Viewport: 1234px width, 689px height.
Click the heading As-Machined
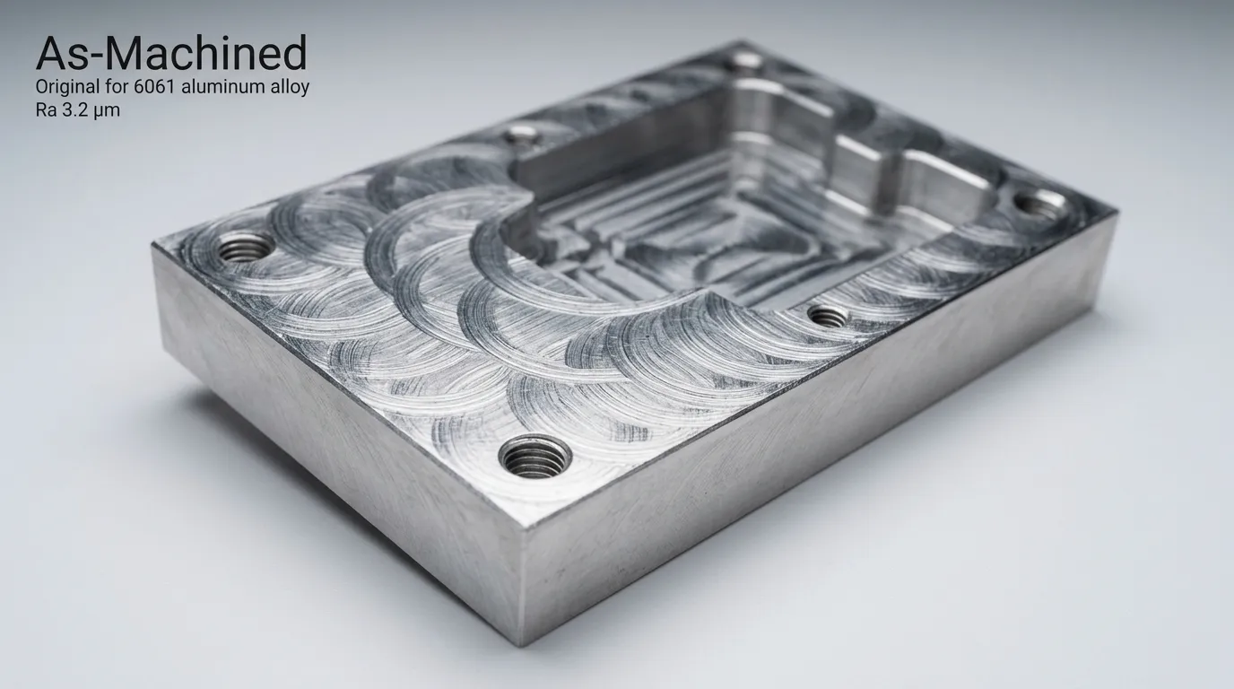click(171, 53)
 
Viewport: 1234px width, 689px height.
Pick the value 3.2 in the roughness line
click(74, 110)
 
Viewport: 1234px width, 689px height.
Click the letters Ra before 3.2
click(46, 110)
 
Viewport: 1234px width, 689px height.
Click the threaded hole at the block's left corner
click(246, 247)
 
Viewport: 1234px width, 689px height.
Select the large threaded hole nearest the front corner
click(534, 457)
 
